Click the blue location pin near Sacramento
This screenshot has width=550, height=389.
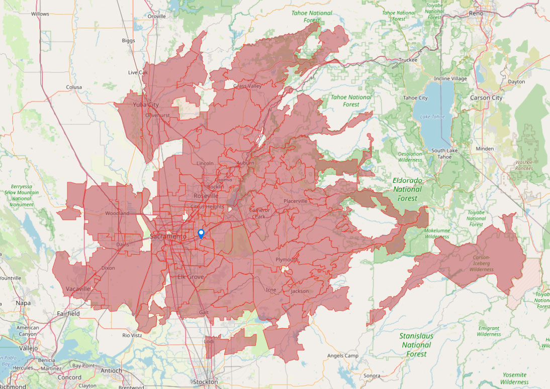(x=201, y=233)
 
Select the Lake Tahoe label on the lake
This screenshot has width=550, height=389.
(x=432, y=117)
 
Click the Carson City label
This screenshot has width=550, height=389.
(x=486, y=98)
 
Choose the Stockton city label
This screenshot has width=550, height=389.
(x=206, y=382)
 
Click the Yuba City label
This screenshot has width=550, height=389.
(x=146, y=105)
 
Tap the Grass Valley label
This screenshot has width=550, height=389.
(x=247, y=86)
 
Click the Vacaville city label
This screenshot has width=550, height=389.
(x=78, y=289)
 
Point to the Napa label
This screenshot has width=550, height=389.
(x=23, y=303)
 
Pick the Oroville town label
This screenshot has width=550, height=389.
(x=157, y=16)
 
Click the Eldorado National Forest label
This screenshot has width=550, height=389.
(x=407, y=189)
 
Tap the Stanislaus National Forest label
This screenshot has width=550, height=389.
(x=416, y=345)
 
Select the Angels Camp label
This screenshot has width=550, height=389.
(x=342, y=356)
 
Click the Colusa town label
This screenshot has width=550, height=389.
(x=73, y=87)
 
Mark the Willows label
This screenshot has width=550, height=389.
(x=40, y=14)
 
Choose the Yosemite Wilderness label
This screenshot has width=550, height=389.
(x=514, y=378)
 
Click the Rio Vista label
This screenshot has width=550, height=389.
(x=133, y=335)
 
